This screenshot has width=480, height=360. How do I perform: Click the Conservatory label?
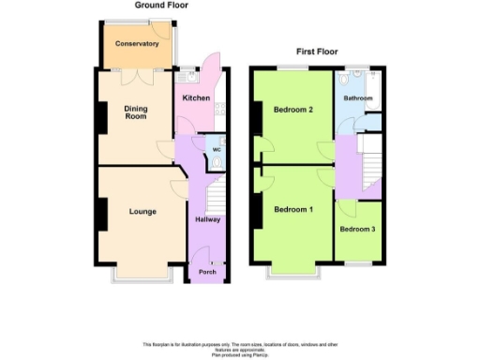[136, 44]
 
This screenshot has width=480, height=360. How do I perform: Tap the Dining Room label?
[136, 113]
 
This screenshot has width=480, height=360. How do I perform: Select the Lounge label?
[142, 212]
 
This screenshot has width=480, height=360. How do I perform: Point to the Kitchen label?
[195, 98]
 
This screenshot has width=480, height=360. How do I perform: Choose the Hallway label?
[207, 220]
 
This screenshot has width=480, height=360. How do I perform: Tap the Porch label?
[206, 273]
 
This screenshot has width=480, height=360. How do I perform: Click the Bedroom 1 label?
[292, 209]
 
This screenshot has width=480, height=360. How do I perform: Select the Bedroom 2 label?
[292, 110]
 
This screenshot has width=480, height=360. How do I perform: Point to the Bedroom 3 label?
[358, 230]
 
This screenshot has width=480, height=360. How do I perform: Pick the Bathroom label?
[358, 98]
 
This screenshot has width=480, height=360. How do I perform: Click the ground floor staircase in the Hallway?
[215, 196]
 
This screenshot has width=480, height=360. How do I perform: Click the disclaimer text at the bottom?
[240, 348]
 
